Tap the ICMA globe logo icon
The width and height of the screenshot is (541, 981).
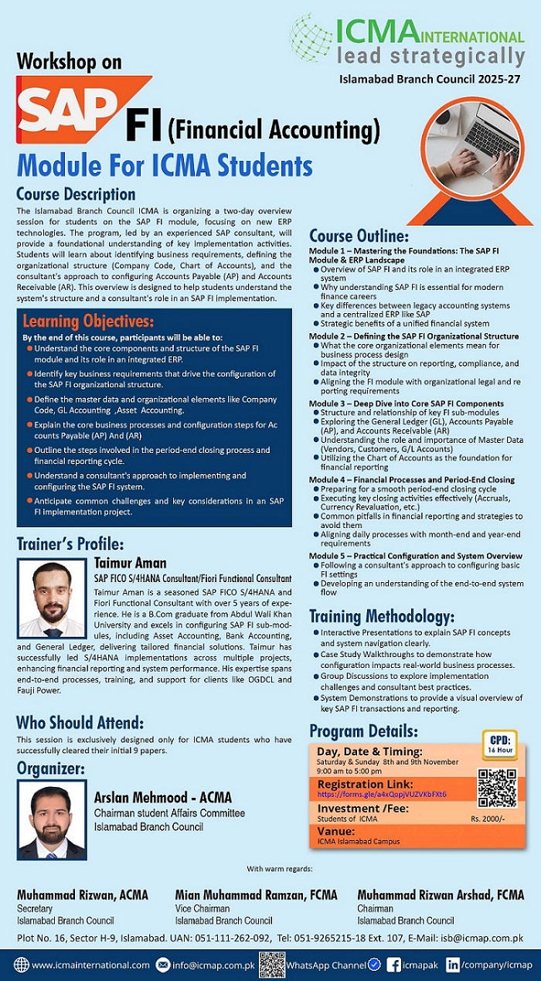click(311, 36)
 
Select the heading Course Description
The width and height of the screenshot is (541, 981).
click(76, 194)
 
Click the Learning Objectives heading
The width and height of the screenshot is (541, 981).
click(88, 321)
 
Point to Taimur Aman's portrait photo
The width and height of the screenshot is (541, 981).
click(52, 598)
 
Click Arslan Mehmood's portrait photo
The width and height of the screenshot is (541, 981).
click(52, 823)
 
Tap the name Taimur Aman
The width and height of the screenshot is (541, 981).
click(130, 563)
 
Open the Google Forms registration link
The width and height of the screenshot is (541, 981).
click(381, 794)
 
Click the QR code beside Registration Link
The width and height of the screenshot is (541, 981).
click(496, 788)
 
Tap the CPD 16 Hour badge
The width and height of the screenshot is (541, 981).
click(500, 743)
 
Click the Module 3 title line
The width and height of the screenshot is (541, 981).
click(406, 404)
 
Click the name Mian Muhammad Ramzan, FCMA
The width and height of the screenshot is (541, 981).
click(256, 895)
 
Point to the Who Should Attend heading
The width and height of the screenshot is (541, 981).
click(80, 724)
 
